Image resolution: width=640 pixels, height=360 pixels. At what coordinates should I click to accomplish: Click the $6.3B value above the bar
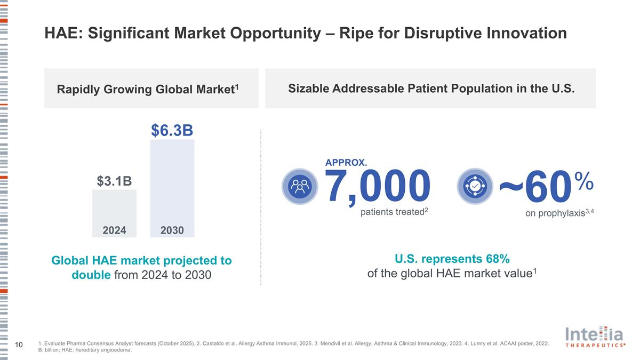point(172,130)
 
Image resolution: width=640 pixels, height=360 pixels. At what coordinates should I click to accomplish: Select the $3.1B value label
point(114,181)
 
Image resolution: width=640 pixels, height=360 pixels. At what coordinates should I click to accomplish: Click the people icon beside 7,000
point(299,186)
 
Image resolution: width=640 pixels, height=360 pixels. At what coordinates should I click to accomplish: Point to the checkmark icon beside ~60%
point(475,186)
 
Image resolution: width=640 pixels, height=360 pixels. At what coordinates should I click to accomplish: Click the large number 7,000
point(378,187)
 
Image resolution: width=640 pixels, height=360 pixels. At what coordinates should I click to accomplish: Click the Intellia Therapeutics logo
point(595,337)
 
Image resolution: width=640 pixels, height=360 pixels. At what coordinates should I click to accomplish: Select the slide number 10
point(19,346)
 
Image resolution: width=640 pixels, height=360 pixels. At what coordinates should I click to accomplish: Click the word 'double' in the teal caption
point(91,275)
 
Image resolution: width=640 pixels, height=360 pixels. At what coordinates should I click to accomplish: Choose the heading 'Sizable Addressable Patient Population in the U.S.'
point(431,89)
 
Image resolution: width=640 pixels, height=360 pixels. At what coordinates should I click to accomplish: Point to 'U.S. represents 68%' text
point(452,259)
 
